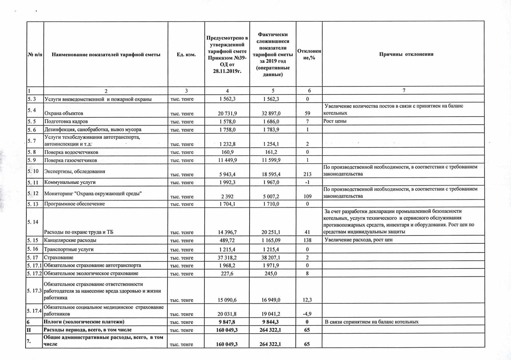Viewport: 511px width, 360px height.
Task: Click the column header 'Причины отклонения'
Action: (x=406, y=54)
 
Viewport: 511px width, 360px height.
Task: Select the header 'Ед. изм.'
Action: (x=186, y=55)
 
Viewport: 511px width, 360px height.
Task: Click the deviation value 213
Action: (x=307, y=174)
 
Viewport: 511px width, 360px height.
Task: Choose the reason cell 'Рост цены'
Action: (x=335, y=121)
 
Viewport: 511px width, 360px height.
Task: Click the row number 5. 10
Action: (x=33, y=171)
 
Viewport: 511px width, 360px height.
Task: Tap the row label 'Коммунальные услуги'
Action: (x=70, y=182)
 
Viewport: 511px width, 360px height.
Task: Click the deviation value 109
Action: (x=307, y=197)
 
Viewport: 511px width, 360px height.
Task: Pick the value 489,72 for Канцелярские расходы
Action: (x=227, y=240)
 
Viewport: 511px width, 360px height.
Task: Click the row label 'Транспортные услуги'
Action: (x=69, y=249)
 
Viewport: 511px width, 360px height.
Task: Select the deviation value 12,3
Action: (x=307, y=300)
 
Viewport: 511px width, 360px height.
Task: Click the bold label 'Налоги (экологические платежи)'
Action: (x=84, y=322)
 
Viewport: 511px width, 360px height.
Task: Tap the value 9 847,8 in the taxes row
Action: (x=227, y=322)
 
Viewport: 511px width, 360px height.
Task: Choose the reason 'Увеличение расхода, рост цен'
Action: (x=358, y=240)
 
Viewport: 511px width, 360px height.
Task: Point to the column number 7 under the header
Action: (x=404, y=90)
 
